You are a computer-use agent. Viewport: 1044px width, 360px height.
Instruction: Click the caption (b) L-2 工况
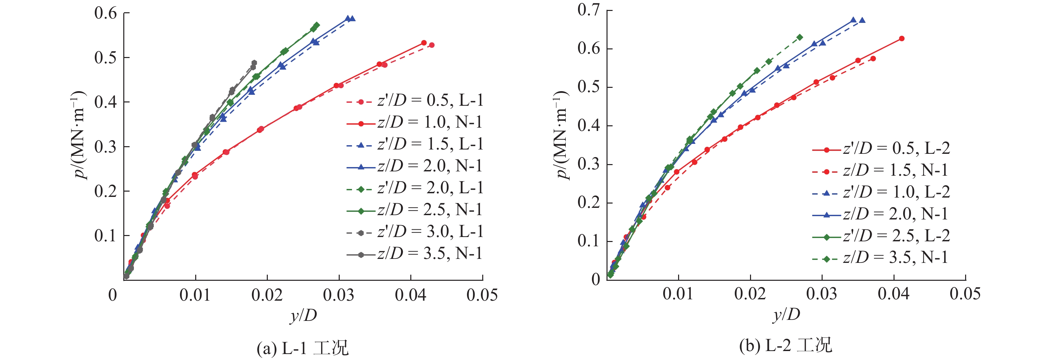point(785,346)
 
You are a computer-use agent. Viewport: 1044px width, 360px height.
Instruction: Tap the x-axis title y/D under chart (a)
point(303,315)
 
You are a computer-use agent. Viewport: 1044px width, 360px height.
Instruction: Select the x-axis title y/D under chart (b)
point(786,314)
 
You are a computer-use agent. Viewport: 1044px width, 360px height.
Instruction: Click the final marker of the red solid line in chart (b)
point(902,38)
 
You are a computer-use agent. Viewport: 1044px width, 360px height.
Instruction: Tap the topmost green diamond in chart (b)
point(800,37)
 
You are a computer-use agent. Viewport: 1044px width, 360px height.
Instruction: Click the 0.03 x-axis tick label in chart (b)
point(822,294)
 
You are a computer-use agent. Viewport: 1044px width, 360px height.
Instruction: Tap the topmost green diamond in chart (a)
point(317,25)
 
